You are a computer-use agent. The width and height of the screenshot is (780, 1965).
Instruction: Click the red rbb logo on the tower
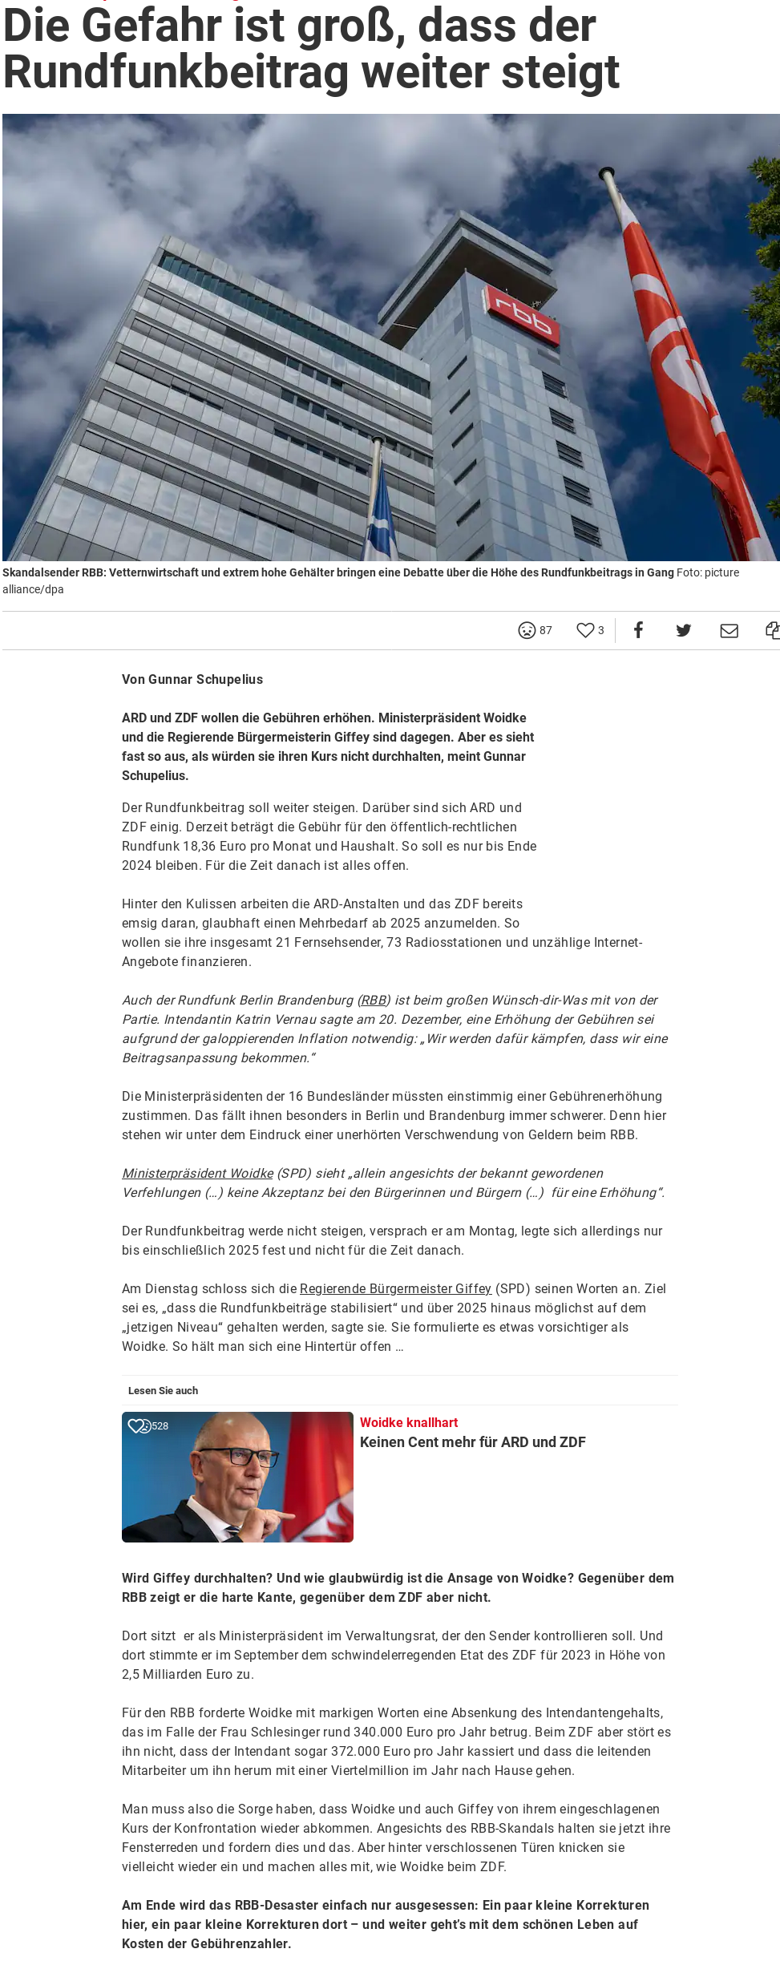523,315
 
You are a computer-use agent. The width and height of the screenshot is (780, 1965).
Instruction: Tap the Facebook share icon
638,630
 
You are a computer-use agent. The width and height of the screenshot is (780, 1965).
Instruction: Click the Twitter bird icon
683,630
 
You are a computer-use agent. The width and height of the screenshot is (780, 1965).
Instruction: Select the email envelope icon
729,630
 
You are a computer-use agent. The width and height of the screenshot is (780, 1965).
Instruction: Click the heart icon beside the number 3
585,630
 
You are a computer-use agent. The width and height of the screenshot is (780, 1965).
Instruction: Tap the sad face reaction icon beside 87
527,630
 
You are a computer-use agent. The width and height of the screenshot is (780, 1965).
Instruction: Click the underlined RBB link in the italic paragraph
374,1000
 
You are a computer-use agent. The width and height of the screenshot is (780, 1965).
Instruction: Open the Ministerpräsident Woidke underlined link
197,1173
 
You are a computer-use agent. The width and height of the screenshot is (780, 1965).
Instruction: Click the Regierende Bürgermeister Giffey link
395,1288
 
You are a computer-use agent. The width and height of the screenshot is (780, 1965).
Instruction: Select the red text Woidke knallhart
409,1422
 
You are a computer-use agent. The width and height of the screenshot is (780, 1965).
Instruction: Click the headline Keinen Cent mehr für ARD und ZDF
472,1441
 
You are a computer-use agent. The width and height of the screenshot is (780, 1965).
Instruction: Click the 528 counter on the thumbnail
160,1426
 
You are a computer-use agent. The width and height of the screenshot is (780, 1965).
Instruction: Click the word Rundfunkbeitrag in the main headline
176,72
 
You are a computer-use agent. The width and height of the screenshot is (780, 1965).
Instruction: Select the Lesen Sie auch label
163,1390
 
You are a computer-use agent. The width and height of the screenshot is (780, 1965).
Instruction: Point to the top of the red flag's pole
606,171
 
